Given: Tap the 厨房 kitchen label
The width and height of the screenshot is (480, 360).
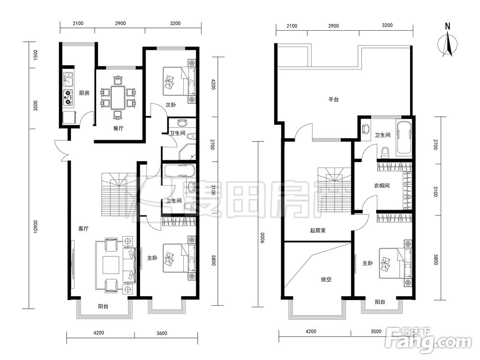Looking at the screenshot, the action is coord(84,93).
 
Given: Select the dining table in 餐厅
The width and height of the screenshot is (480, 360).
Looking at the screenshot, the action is coord(118,98).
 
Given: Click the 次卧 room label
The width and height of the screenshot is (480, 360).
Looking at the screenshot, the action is coord(171,105).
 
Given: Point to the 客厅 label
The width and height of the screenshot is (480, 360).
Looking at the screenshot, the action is coord(83,228).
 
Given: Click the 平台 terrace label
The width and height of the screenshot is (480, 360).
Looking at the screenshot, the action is coord(334,99).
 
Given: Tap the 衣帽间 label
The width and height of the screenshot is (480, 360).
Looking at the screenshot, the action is coord(382,185).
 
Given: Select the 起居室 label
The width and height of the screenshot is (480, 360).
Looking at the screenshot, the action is coord(318,230).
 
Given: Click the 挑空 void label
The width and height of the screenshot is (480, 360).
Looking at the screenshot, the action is coord(326,279).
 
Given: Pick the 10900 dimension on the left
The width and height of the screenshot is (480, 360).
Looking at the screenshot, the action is coord(36,227).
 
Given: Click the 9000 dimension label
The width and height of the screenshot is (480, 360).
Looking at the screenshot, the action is coord(262,238).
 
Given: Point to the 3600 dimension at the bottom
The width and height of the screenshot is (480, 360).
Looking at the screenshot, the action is coord(162,333).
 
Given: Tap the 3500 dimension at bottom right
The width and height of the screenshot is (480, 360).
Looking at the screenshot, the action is coord(376,331).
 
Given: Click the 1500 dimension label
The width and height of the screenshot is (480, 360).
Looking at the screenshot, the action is coord(36,55).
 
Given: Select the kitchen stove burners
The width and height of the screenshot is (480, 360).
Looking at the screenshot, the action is coord(68,97).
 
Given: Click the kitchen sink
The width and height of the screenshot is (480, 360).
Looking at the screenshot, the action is coord(68,80).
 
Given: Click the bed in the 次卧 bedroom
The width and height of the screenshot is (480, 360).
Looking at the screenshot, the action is coord(180,81).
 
